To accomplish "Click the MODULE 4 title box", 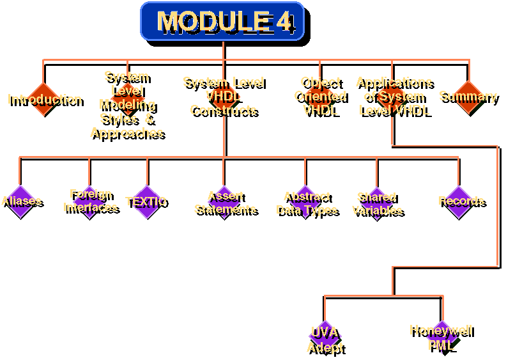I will [x=222, y=21].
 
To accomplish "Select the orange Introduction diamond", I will [x=43, y=98].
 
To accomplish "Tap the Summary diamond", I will [x=468, y=97].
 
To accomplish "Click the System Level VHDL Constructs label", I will [x=223, y=96].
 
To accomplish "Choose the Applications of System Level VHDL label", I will [x=394, y=96].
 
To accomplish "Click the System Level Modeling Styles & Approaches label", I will [x=127, y=104].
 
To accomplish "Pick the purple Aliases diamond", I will [x=20, y=201].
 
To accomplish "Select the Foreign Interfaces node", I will [x=90, y=201].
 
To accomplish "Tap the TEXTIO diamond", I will [x=147, y=201].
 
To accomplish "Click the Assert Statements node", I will [x=225, y=202].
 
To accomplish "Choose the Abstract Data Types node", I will [x=306, y=203].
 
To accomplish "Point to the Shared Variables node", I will [x=377, y=203].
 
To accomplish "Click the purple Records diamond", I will [x=460, y=201].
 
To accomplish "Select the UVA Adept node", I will [x=325, y=339].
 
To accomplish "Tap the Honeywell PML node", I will [x=441, y=337].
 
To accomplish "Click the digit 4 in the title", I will [x=284, y=21].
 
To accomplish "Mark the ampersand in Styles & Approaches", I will [x=149, y=118].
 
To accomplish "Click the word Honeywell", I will [x=441, y=331].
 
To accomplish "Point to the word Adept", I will [x=325, y=347].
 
